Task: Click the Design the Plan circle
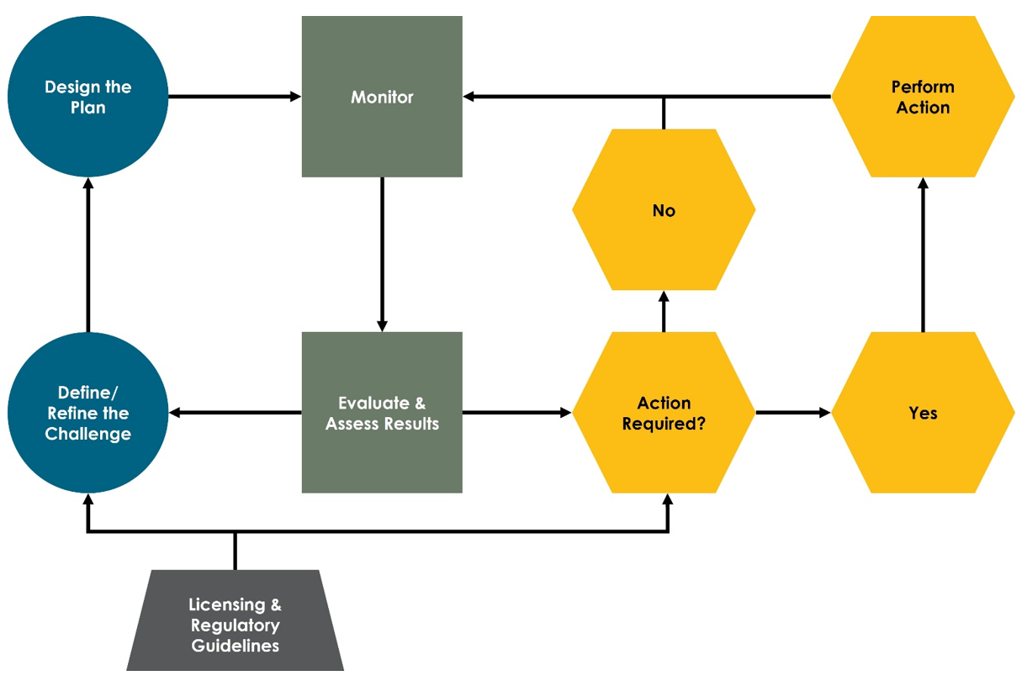pyautogui.click(x=87, y=97)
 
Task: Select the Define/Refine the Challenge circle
pyautogui.click(x=87, y=413)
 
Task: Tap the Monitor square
pyautogui.click(x=382, y=97)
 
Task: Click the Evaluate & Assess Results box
pyautogui.click(x=382, y=413)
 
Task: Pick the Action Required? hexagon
pyautogui.click(x=664, y=413)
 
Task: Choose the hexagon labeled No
pyautogui.click(x=664, y=210)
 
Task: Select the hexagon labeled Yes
pyautogui.click(x=923, y=413)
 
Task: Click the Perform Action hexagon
pyautogui.click(x=923, y=97)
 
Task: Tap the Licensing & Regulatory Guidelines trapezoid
pyautogui.click(x=235, y=626)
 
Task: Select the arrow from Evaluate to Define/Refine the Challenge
pyautogui.click(x=236, y=413)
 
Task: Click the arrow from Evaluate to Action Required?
pyautogui.click(x=516, y=413)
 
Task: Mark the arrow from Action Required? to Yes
pyautogui.click(x=792, y=413)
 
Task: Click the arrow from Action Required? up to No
pyautogui.click(x=664, y=311)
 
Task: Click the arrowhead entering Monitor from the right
pyautogui.click(x=469, y=97)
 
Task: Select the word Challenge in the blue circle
pyautogui.click(x=87, y=434)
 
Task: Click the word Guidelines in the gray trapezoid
pyautogui.click(x=235, y=647)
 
